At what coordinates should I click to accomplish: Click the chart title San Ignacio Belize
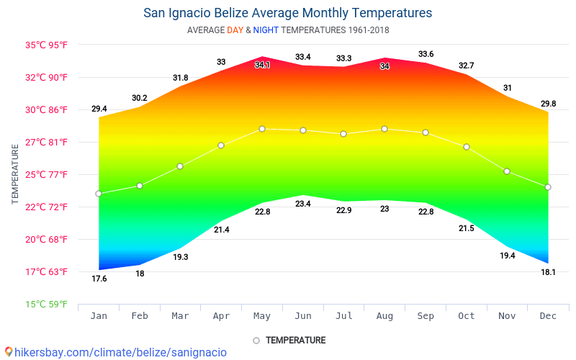pos(287,13)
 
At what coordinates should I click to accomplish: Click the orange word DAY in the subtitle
pos(235,30)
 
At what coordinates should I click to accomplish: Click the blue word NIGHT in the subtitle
pos(266,30)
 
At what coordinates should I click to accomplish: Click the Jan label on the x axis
pos(99,315)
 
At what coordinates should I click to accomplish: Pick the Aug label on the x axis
pos(384,315)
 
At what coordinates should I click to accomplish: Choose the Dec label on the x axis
pos(548,315)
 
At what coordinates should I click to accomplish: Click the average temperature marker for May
pos(262,129)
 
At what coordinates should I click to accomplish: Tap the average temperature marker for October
pos(467,147)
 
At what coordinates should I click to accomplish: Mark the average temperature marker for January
pos(99,194)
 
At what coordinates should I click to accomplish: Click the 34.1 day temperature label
pos(262,66)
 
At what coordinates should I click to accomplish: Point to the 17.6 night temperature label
pos(99,279)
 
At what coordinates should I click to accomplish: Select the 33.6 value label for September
pos(426,55)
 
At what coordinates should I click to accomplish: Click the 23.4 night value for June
pos(303,204)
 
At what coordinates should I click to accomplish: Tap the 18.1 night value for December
pos(548,272)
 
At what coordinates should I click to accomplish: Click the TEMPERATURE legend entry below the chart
pos(289,340)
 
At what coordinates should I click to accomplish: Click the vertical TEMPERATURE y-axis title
pos(14,174)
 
